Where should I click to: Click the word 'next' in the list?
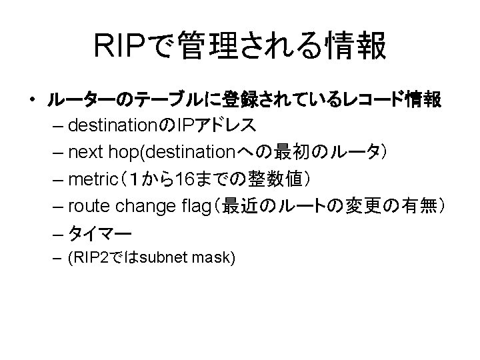(x=89, y=152)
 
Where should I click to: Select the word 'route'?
(x=89, y=207)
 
